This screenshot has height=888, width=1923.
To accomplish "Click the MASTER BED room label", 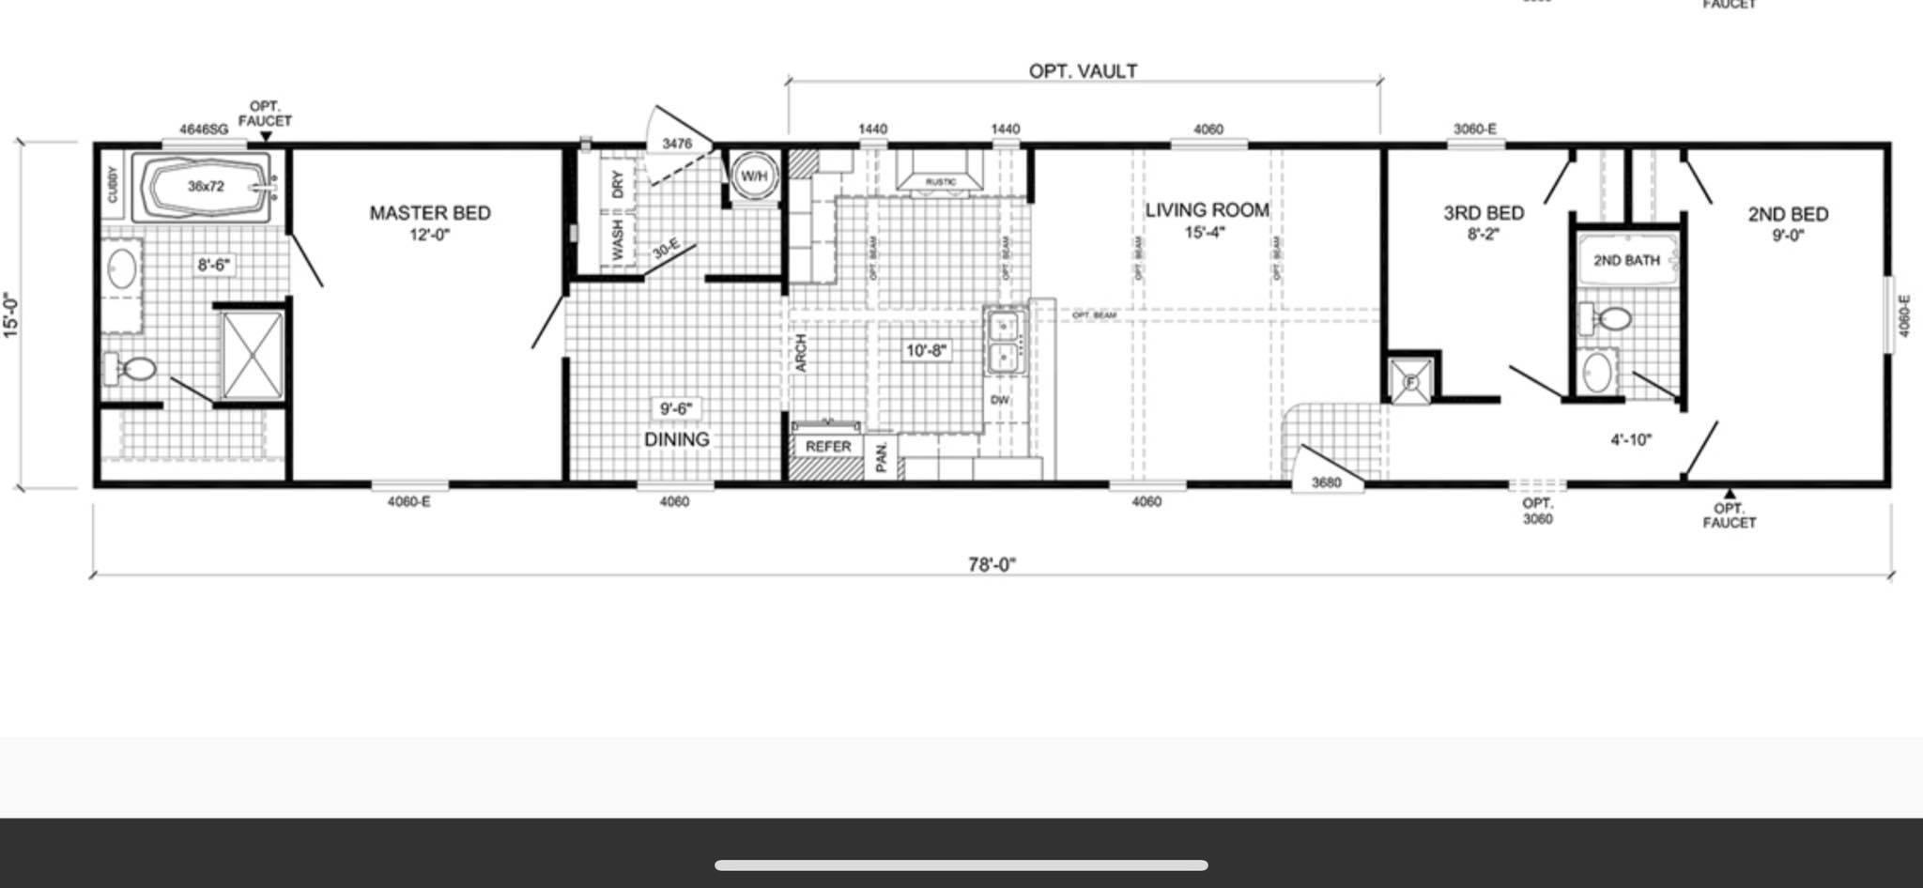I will [430, 213].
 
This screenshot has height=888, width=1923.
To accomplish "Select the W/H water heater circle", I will [754, 176].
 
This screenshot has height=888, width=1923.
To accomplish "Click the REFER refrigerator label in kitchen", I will [827, 447].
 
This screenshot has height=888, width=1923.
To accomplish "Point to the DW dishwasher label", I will [1000, 400].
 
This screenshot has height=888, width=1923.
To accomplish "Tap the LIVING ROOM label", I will [1207, 210].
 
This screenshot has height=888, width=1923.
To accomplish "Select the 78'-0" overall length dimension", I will [992, 564].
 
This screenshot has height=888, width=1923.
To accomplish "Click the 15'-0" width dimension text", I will [11, 315].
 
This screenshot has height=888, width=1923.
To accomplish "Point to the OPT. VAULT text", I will [1083, 71].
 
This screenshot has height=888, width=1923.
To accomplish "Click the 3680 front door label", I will [1326, 482].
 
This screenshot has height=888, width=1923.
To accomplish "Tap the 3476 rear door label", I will [676, 144].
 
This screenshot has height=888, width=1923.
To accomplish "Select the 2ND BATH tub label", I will [1626, 260].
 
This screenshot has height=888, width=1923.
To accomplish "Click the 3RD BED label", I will [1484, 213].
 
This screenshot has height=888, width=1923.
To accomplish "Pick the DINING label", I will [676, 439].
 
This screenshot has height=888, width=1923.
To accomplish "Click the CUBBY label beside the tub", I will [114, 184].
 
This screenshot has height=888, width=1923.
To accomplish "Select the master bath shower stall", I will [252, 356].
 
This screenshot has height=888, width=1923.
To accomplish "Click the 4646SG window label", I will [204, 130].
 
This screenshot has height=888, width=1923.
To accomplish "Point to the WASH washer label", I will [617, 240].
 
